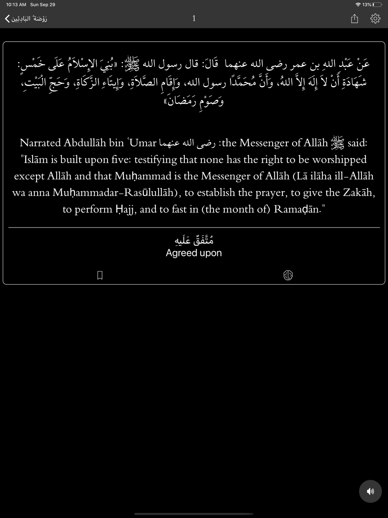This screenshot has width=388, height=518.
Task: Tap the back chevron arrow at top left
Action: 7,19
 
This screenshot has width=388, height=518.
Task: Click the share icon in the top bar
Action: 354,19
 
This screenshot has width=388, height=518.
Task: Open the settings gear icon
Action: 375,19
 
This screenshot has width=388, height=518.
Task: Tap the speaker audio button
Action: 370,491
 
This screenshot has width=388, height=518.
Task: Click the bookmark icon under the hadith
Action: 100,275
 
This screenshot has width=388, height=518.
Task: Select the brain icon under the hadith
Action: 288,275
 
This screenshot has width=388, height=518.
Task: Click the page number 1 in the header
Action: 194,18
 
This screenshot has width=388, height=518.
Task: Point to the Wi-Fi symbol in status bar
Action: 358,5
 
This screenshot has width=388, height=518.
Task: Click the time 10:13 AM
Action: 16,5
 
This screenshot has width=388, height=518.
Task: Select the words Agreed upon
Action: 194,253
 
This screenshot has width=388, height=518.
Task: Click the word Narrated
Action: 40,143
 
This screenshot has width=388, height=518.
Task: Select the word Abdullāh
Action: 85,143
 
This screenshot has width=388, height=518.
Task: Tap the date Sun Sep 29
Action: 43,5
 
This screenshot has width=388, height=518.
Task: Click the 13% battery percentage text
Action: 367,5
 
